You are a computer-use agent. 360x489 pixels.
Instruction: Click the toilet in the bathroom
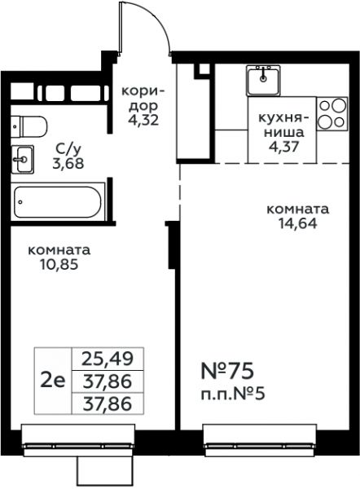pyautogui.click(x=29, y=126)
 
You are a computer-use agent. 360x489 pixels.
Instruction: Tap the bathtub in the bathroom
pyautogui.click(x=58, y=202)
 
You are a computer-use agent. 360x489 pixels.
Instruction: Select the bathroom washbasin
pyautogui.click(x=23, y=160)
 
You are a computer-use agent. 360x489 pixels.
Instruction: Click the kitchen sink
pyautogui.click(x=263, y=81)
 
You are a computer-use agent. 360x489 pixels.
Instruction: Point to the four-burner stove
pyautogui.click(x=332, y=113)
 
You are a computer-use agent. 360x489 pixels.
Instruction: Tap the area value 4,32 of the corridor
pyautogui.click(x=143, y=120)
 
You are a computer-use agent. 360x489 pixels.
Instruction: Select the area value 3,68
pyautogui.click(x=68, y=163)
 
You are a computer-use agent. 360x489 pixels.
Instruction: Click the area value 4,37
pyautogui.click(x=283, y=146)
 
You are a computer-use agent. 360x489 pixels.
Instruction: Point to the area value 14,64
pyautogui.click(x=297, y=223)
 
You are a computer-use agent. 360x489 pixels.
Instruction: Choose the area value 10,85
pyautogui.click(x=59, y=265)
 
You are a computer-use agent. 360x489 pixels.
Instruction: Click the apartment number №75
pyautogui.click(x=227, y=371)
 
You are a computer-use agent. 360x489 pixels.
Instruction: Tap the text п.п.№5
pyautogui.click(x=233, y=394)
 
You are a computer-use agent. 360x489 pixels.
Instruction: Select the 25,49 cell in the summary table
pyautogui.click(x=108, y=359)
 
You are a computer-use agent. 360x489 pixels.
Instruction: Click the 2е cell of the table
pyautogui.click(x=53, y=381)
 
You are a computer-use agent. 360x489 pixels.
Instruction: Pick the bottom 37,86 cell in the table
pyautogui.click(x=108, y=403)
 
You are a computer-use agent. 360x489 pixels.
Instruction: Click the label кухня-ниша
pyautogui.click(x=283, y=126)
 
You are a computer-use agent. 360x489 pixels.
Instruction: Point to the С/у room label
pyautogui.click(x=68, y=149)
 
